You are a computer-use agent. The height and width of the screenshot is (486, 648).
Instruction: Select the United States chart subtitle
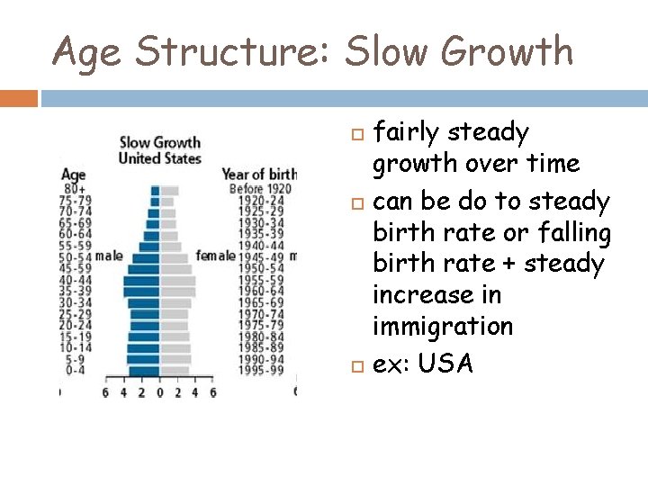tap(160, 158)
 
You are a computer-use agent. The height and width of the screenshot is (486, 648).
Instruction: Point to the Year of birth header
tap(259, 175)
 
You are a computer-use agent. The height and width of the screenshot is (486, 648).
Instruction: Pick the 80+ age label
tap(74, 190)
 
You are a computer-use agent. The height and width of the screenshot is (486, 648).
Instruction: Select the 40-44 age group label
tap(75, 280)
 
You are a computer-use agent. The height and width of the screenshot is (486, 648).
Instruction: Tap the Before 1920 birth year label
tap(259, 190)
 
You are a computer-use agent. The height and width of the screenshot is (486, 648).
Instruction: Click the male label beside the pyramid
tap(108, 256)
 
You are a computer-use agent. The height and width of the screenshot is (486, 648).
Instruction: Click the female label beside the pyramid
tap(216, 256)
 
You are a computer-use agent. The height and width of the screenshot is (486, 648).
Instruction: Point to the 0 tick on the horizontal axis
tap(159, 392)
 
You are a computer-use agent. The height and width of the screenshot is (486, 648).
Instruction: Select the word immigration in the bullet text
tap(443, 327)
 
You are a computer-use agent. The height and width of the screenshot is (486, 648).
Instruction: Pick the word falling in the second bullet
tap(573, 232)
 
